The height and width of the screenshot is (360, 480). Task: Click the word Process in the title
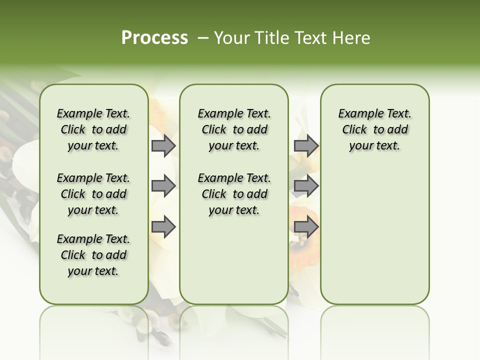click(154, 38)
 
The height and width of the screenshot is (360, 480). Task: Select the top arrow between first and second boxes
click(163, 146)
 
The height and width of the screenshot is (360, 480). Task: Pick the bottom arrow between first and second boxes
click(163, 227)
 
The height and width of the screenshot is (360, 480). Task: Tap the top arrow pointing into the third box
click(306, 146)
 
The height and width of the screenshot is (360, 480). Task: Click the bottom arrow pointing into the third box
click(306, 227)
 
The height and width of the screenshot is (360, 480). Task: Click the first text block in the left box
click(93, 129)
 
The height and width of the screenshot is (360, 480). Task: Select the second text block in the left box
click(93, 194)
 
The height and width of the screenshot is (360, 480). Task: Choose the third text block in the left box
click(93, 255)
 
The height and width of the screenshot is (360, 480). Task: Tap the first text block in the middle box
click(234, 129)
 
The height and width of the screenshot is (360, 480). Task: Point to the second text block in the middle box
click(234, 194)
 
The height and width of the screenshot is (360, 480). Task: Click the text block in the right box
click(375, 129)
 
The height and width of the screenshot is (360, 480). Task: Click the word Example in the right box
click(357, 114)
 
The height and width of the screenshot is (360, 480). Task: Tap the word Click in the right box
click(354, 130)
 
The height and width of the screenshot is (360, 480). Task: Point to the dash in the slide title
click(202, 38)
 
